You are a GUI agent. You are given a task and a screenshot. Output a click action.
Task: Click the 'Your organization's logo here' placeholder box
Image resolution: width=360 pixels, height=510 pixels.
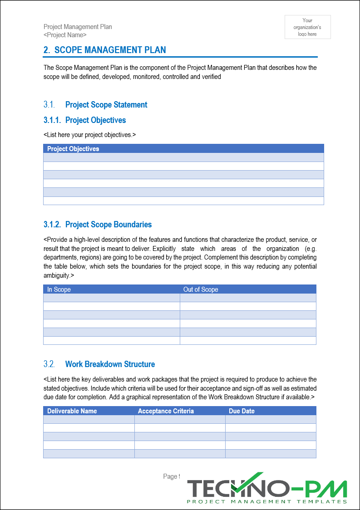pyautogui.click(x=307, y=27)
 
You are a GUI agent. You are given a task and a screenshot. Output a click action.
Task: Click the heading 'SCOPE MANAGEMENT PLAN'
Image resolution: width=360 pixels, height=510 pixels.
pyautogui.click(x=110, y=50)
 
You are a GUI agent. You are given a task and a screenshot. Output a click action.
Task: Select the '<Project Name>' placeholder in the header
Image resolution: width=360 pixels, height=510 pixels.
pyautogui.click(x=65, y=35)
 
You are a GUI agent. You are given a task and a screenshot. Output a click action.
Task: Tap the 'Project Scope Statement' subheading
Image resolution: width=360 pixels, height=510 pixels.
pyautogui.click(x=106, y=105)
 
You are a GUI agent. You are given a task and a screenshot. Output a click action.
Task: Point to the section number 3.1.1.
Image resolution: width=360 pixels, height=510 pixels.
pyautogui.click(x=52, y=120)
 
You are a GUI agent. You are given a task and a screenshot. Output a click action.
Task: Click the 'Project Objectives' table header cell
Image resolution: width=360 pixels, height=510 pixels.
pyautogui.click(x=73, y=149)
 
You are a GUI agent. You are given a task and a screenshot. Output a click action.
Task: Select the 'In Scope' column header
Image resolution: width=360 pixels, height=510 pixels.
pyautogui.click(x=59, y=289)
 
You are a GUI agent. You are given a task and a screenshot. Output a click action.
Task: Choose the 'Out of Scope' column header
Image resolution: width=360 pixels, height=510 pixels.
pyautogui.click(x=201, y=289)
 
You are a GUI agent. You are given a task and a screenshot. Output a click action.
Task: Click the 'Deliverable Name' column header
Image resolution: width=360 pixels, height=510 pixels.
pyautogui.click(x=72, y=411)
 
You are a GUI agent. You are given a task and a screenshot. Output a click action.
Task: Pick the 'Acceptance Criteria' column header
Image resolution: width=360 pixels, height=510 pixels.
pyautogui.click(x=166, y=411)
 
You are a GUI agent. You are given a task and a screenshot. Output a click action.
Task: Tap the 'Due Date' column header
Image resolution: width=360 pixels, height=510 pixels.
pyautogui.click(x=242, y=411)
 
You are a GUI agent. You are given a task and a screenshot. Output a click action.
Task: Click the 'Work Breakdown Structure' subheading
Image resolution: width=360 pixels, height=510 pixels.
pyautogui.click(x=110, y=364)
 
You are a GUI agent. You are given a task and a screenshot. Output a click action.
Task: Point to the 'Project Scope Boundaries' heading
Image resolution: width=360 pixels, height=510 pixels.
pyautogui.click(x=108, y=225)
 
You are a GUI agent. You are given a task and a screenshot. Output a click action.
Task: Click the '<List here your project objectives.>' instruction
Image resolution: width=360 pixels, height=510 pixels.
pyautogui.click(x=90, y=135)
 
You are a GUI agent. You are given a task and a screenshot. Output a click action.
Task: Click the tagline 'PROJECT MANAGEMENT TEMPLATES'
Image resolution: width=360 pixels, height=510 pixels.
pyautogui.click(x=267, y=501)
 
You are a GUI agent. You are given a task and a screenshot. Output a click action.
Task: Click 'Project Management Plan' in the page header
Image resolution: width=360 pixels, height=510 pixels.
pyautogui.click(x=78, y=27)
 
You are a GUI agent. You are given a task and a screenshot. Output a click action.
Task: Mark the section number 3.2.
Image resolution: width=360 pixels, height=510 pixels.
pyautogui.click(x=49, y=364)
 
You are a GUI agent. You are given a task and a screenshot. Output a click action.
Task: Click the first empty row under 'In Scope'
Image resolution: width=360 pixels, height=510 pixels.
pyautogui.click(x=111, y=298)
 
